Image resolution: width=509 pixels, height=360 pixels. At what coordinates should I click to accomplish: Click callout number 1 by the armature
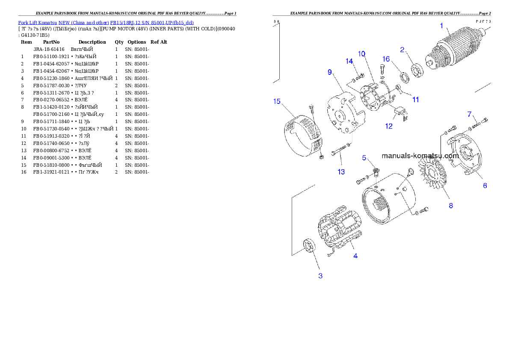click(x=442, y=26)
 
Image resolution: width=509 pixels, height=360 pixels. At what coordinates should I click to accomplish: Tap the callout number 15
click(x=277, y=101)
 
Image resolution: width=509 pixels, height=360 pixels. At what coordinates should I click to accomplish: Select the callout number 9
click(x=330, y=72)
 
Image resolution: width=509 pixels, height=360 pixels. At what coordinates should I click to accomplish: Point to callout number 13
click(x=341, y=172)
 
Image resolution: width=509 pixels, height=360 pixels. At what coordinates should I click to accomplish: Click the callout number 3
click(x=320, y=276)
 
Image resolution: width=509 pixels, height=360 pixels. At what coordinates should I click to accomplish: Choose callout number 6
click(x=485, y=186)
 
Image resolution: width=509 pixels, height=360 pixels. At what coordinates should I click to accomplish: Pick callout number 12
click(x=388, y=127)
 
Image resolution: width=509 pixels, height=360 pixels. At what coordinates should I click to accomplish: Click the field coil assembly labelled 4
click(x=340, y=231)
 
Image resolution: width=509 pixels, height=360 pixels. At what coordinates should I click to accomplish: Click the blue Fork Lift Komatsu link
click(x=106, y=22)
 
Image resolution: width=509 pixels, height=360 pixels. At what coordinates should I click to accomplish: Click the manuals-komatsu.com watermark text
click(x=420, y=156)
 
